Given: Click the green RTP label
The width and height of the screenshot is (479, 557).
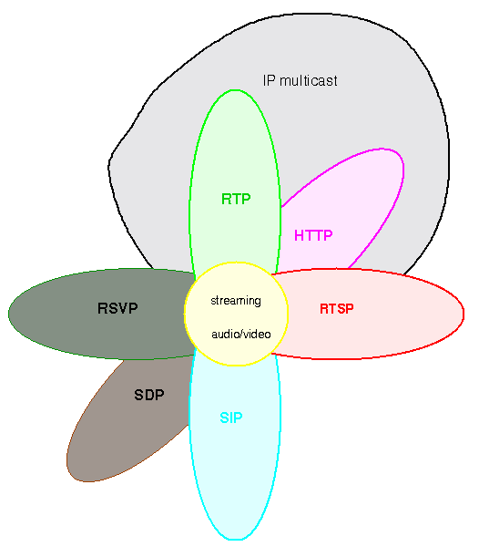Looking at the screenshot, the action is click(236, 199).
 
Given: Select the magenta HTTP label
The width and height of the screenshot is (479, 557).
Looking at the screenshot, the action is click(313, 235).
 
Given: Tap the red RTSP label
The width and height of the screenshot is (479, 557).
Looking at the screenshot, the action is click(337, 308).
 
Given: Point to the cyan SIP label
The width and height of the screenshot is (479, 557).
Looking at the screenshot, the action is click(231, 418).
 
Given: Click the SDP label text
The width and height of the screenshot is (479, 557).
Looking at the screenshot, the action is click(149, 395).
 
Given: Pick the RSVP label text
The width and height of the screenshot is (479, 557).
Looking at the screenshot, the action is click(117, 308).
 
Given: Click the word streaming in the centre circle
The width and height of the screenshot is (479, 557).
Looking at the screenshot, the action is click(236, 301).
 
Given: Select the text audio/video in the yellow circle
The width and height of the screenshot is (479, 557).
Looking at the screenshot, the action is click(241, 334).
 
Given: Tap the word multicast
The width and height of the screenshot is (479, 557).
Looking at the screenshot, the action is click(309, 80).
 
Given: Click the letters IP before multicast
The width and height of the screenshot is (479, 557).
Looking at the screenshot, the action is click(269, 80).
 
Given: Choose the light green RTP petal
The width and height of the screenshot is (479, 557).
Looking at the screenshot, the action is click(235, 160).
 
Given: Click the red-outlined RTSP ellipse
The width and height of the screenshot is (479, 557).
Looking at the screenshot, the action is click(369, 314).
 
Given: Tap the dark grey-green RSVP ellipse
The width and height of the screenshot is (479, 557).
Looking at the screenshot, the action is click(99, 314).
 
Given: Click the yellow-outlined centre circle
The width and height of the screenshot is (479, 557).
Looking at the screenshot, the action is click(236, 314).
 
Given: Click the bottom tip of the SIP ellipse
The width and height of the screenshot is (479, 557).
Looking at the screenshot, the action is click(236, 540).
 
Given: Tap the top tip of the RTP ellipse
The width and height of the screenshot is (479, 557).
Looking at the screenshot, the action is click(235, 90).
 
